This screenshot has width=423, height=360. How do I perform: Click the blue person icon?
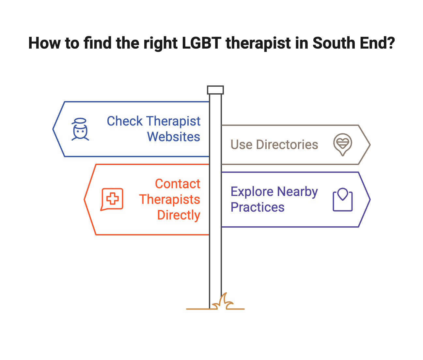(80, 129)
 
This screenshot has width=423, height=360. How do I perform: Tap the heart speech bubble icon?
(342, 144)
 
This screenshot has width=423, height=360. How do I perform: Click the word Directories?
(287, 144)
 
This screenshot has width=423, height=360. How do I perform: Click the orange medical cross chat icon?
(112, 199)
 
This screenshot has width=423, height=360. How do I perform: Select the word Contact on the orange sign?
(177, 184)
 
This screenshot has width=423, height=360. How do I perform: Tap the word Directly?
(179, 215)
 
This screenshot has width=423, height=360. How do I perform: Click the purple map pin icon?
(342, 200)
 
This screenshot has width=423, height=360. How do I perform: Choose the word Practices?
(258, 207)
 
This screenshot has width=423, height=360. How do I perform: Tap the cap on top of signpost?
(215, 90)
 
